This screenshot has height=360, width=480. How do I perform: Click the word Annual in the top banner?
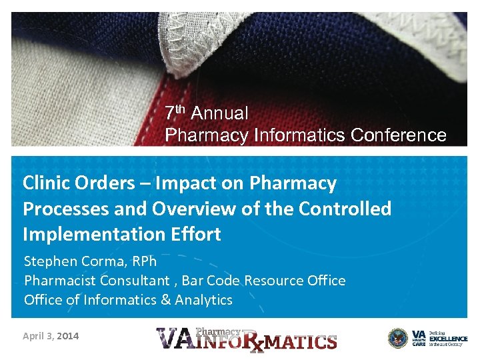[x=219, y=114]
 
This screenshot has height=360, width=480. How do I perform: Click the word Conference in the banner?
[x=398, y=135]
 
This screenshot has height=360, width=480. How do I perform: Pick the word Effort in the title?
[x=193, y=235]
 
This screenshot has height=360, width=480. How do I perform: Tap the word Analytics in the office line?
[x=203, y=300]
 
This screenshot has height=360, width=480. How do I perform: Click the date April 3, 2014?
[x=51, y=336]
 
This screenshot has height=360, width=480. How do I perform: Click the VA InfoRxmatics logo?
[x=247, y=339]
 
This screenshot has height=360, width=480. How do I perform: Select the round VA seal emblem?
[x=398, y=338]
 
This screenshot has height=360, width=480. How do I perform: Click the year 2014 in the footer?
[x=67, y=336]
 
